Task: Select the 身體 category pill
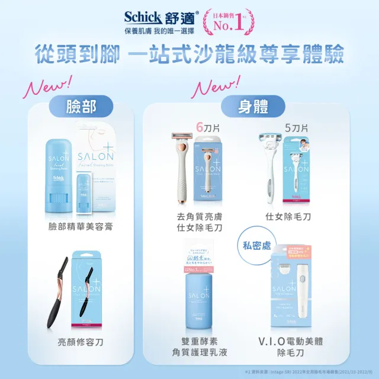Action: (x=245, y=107)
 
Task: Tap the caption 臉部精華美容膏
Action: (x=81, y=227)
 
